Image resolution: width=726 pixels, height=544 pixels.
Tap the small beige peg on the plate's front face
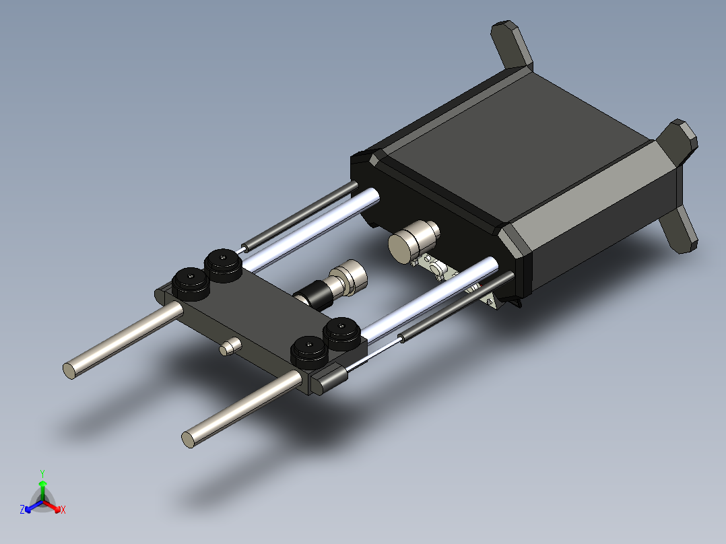click(229, 347)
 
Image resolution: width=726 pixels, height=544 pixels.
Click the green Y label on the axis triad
click(42, 473)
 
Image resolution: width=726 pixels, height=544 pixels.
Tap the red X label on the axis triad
click(63, 510)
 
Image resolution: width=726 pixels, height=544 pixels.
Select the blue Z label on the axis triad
click(22, 510)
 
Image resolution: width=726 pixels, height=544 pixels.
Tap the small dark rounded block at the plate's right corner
click(331, 379)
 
